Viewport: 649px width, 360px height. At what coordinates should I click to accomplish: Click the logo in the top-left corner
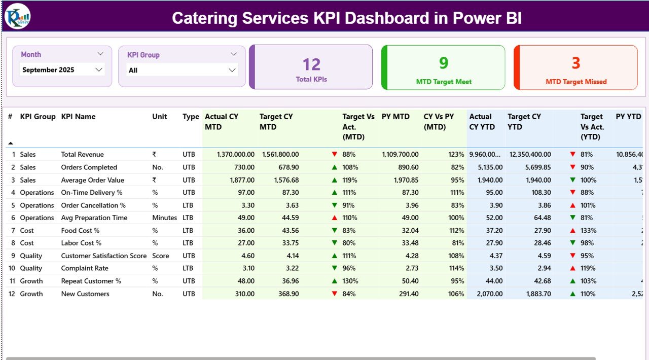point(18,16)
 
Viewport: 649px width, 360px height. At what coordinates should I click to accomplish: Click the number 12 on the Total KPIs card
point(311,64)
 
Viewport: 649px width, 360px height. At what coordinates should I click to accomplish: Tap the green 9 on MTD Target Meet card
point(444,62)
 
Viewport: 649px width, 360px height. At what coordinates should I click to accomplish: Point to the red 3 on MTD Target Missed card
point(576,63)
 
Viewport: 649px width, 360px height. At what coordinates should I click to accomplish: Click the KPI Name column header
point(78,117)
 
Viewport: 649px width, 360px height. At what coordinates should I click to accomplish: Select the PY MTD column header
point(395,117)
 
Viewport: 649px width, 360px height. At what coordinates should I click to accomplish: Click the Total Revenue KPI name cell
point(82,154)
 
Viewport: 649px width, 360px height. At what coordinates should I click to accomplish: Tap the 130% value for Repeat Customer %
point(350,281)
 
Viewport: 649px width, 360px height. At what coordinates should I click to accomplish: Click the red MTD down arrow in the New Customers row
point(335,294)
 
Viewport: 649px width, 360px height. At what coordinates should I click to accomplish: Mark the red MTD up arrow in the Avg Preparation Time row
point(335,218)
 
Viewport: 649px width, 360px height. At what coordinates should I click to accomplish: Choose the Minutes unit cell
point(164,218)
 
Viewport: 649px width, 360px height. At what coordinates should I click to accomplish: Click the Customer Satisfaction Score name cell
point(103,256)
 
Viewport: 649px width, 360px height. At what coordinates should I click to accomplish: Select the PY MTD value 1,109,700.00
point(400,154)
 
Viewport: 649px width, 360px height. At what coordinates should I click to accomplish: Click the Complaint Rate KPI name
point(85,268)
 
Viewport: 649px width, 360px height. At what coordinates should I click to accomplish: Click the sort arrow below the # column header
point(11,143)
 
